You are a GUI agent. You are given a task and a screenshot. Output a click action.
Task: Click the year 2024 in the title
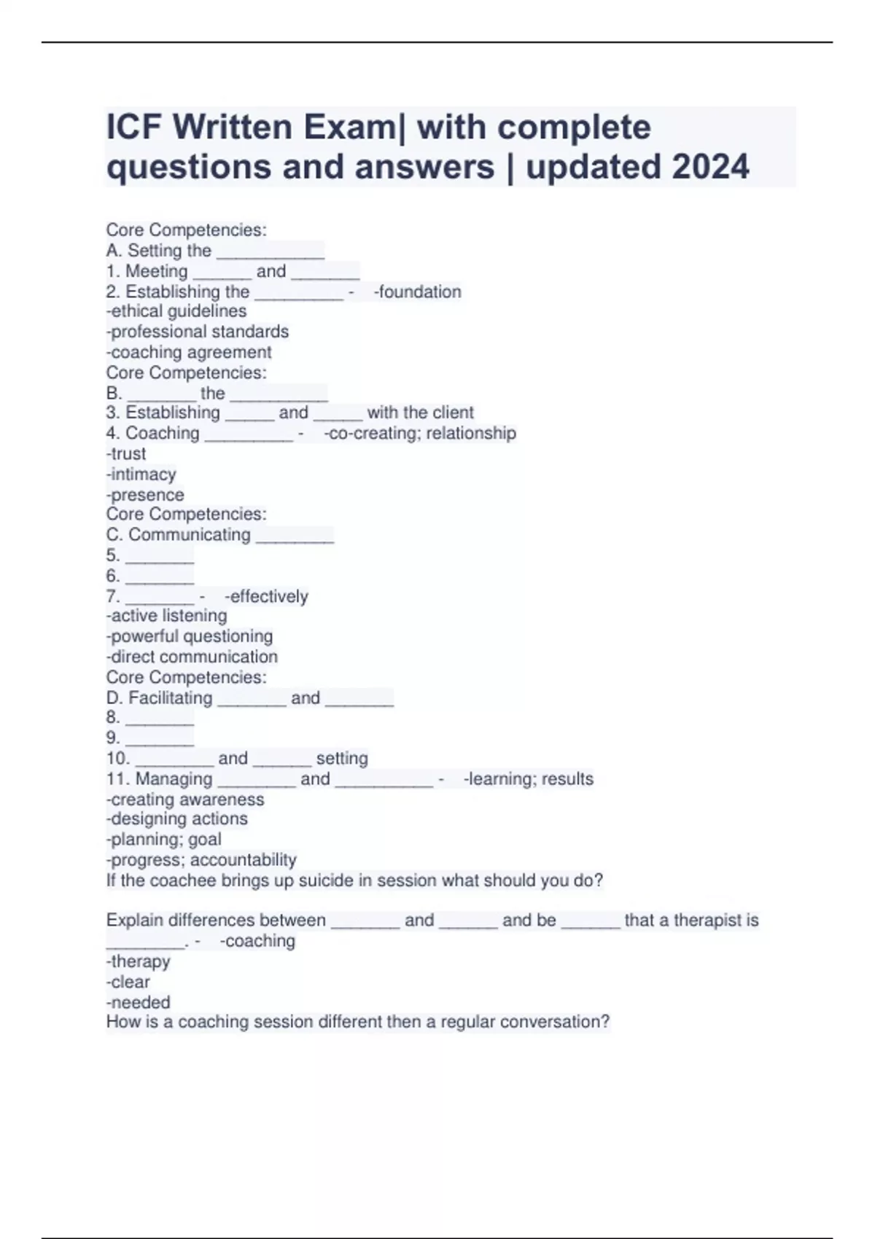710,167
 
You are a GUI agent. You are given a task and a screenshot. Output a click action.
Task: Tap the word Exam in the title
348,128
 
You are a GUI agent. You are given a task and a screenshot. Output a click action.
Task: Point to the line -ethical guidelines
176,311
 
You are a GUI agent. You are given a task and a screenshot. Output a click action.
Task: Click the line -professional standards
198,332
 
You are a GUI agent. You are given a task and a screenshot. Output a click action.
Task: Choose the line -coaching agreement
189,352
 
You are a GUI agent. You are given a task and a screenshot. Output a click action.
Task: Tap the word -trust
126,453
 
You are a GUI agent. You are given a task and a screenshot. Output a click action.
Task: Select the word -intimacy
141,474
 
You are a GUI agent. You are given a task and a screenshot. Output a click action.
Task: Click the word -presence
145,495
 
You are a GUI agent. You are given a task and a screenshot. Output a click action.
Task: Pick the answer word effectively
269,596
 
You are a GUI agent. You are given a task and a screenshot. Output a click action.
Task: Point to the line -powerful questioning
190,636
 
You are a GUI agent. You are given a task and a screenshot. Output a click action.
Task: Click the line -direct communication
192,657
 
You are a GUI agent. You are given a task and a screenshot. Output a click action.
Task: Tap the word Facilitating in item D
171,697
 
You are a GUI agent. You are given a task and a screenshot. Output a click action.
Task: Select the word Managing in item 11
174,779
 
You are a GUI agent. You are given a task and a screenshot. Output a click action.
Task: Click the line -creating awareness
185,800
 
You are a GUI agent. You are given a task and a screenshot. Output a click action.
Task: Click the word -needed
139,1002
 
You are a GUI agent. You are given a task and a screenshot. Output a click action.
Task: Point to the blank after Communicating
295,536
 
